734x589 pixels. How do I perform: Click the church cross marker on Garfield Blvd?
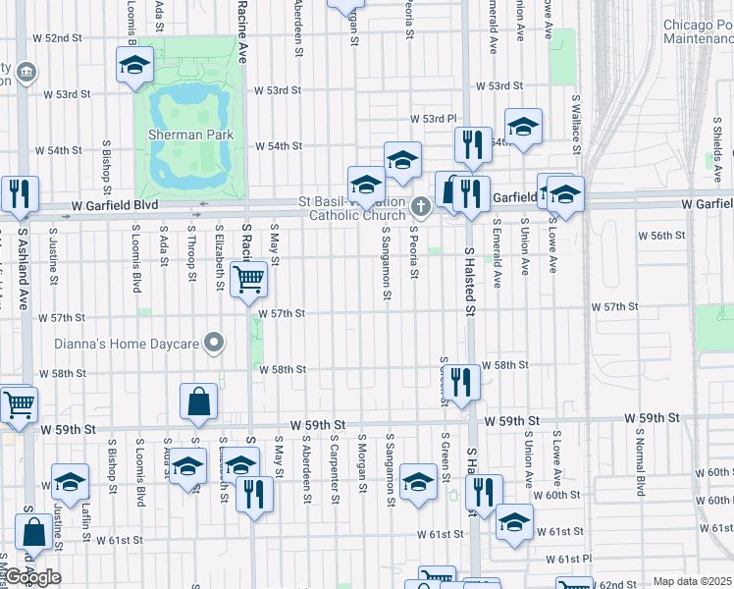pyautogui.click(x=421, y=206)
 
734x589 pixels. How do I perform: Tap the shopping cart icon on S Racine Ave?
pyautogui.click(x=248, y=280)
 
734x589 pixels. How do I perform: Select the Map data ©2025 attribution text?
pyautogui.click(x=693, y=581)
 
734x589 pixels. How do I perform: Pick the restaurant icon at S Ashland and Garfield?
pyautogui.click(x=19, y=193)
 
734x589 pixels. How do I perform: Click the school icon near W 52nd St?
pyautogui.click(x=134, y=66)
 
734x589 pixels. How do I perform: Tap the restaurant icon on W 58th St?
pyautogui.click(x=461, y=380)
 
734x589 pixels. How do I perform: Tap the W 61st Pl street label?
pyautogui.click(x=578, y=559)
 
